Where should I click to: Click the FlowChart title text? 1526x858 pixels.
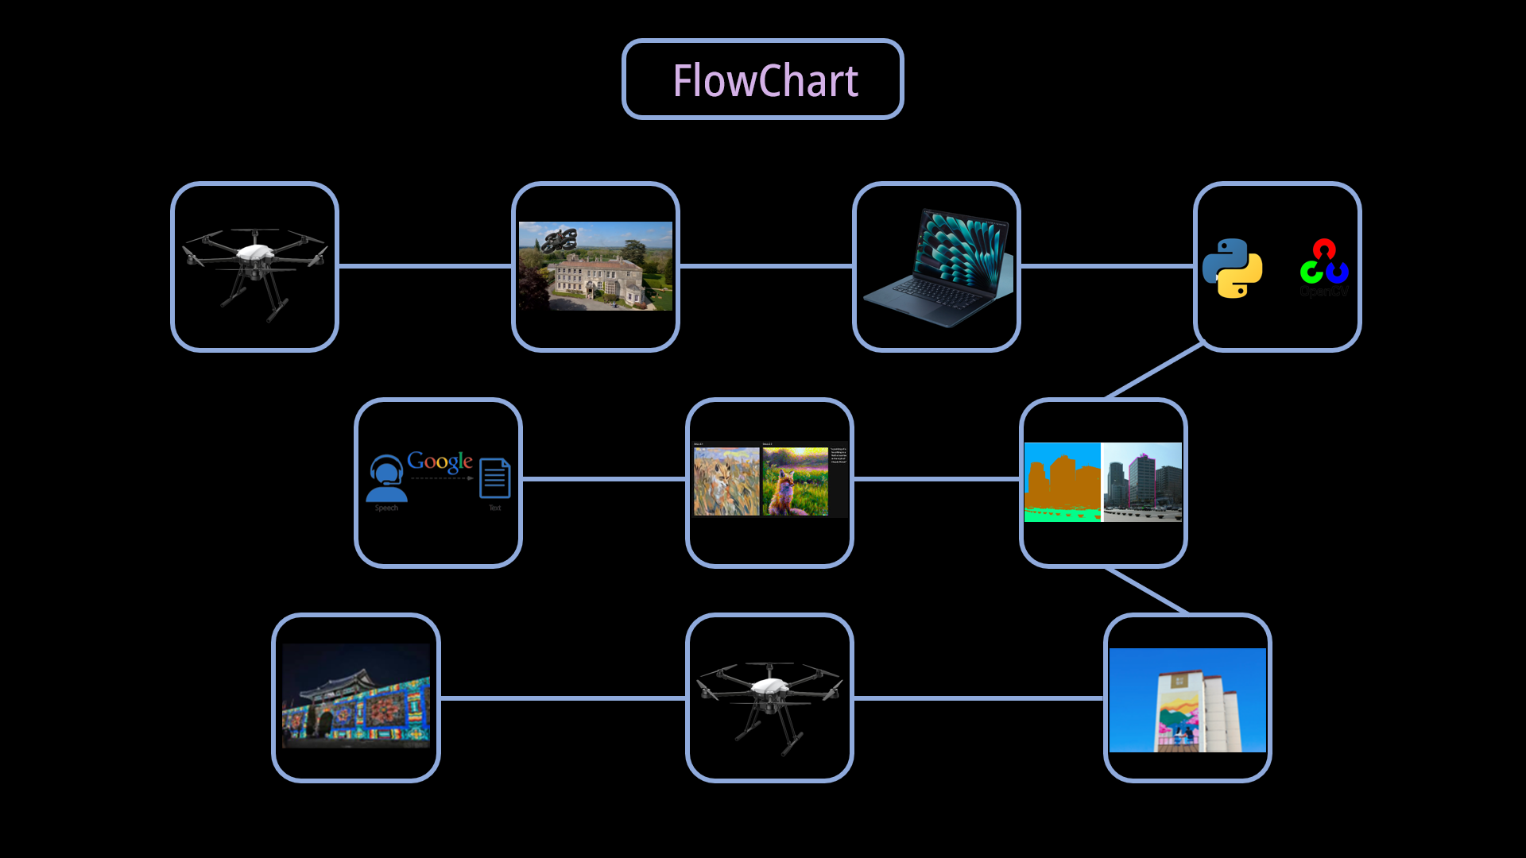[765, 80]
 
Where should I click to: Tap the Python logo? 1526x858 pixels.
[1232, 269]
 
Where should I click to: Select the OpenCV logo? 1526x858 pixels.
[1324, 264]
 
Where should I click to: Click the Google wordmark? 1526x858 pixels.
[440, 461]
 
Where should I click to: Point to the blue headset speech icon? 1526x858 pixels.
[386, 479]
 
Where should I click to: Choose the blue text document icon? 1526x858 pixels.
[494, 478]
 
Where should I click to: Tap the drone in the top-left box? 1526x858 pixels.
[254, 266]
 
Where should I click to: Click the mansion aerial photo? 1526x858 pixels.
[596, 266]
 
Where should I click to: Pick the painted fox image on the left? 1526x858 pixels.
[726, 481]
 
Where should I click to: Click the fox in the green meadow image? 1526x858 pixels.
[795, 481]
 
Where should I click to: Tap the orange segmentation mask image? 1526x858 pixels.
[1062, 482]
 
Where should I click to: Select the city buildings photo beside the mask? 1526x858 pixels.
[1142, 482]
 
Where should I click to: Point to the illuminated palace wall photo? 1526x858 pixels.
[356, 697]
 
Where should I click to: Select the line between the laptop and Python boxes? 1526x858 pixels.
[1107, 266]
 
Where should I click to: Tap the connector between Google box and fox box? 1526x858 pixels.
[604, 479]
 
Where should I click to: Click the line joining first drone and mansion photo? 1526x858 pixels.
[425, 266]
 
